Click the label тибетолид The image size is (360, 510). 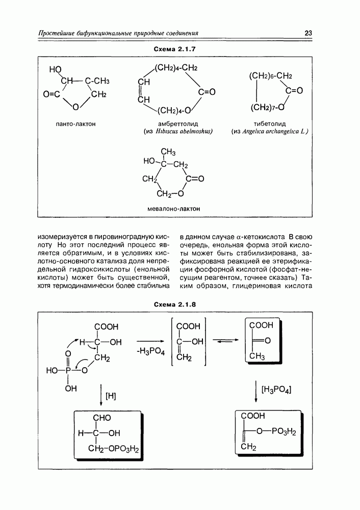[x=270, y=123]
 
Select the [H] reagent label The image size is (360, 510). [x=111, y=395]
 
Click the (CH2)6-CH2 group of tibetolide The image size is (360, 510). [x=270, y=76]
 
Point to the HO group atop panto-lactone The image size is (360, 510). [x=56, y=70]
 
